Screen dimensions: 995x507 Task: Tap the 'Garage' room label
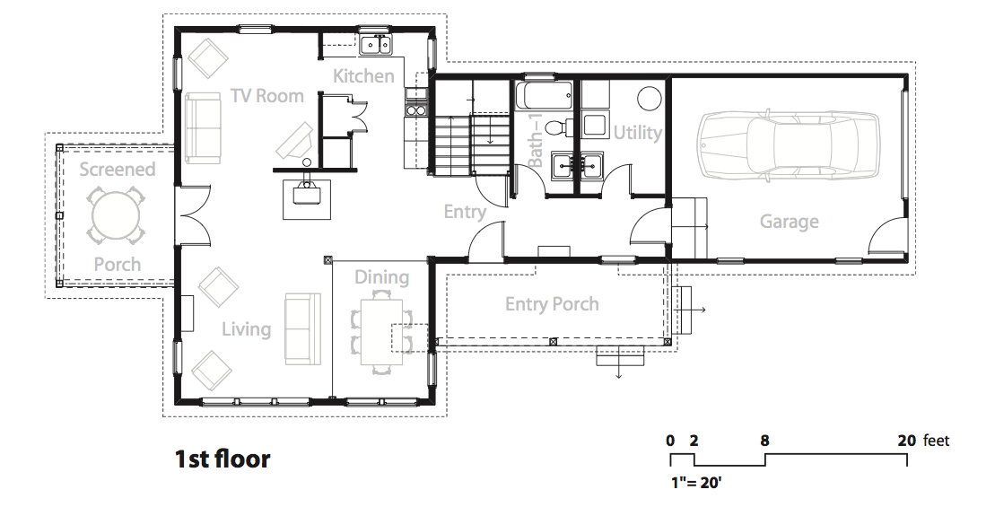pos(789,222)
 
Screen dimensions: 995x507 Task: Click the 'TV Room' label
pos(267,96)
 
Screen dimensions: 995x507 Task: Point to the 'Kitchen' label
pos(363,76)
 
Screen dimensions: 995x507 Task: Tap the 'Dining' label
pos(381,277)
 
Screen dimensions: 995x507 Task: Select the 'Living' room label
pos(246,328)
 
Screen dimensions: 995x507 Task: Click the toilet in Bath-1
pos(554,127)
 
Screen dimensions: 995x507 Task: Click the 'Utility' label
pos(637,132)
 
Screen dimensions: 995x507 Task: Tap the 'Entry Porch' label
pos(552,304)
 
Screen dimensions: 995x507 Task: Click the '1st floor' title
pos(223,459)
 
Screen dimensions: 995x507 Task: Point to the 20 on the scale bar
pos(907,440)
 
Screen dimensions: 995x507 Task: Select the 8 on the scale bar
pos(765,440)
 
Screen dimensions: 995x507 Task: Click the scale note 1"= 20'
pos(696,483)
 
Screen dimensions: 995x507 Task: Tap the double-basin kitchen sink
pos(377,46)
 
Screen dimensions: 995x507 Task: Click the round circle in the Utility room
pos(650,99)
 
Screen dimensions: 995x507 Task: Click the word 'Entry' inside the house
pos(465,211)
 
